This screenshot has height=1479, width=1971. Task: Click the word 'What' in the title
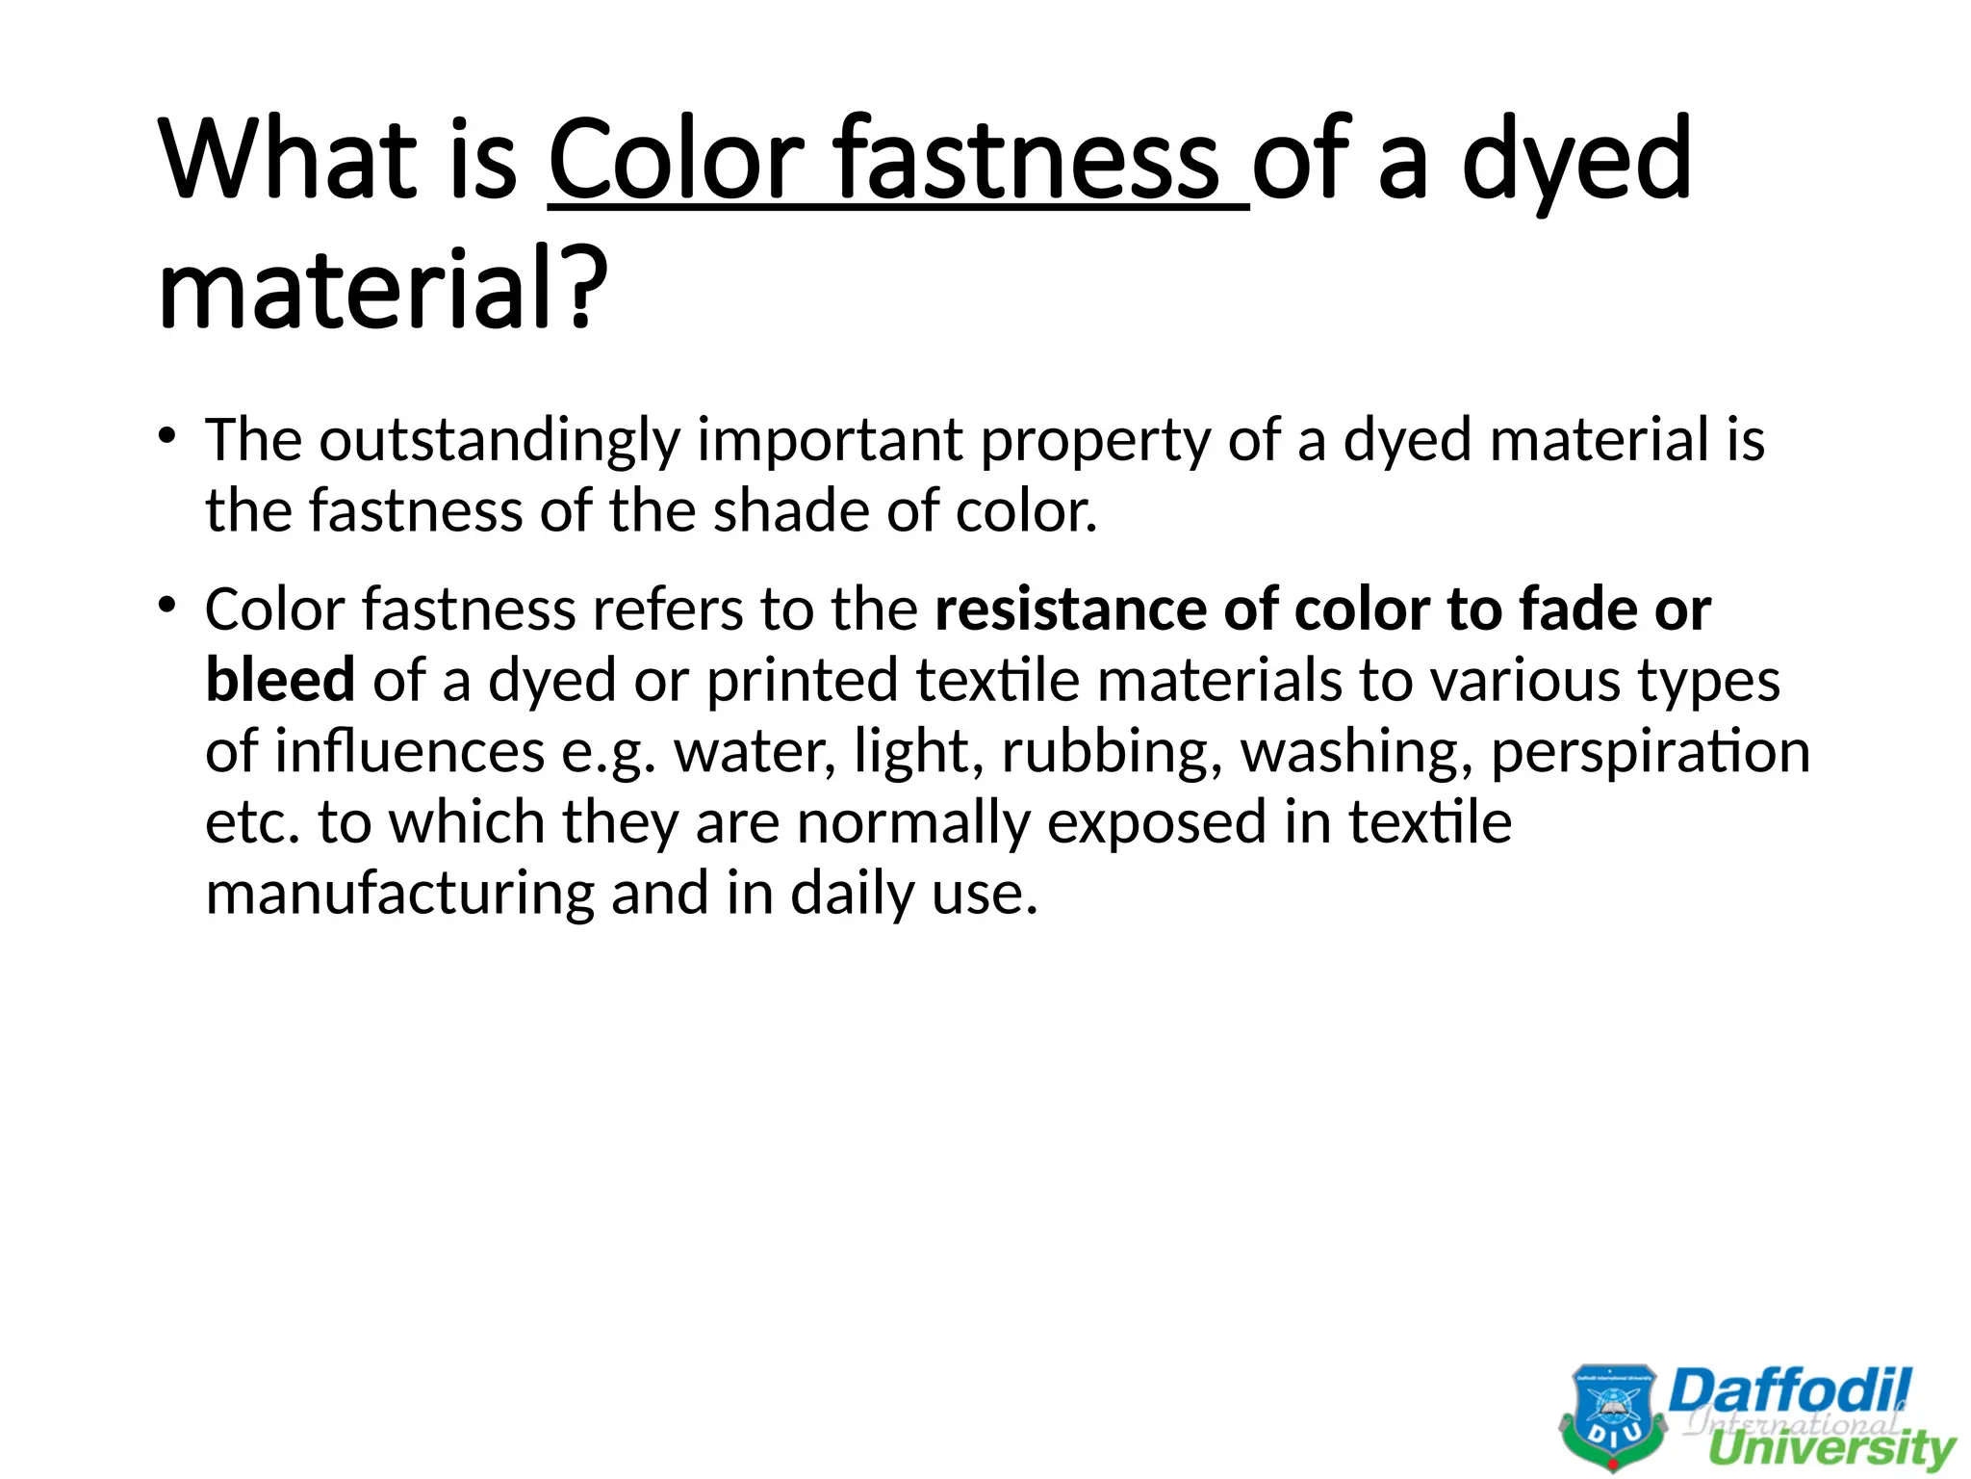(287, 159)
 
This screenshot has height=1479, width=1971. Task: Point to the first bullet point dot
(167, 436)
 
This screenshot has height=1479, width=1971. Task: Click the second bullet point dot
(167, 606)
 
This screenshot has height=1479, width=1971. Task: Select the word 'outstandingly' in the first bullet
(499, 441)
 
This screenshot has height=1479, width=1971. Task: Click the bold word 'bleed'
(280, 680)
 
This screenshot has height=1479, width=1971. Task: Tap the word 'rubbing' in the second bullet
(1113, 753)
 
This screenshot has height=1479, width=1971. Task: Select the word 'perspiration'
(1650, 753)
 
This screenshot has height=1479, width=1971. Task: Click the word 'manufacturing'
(400, 895)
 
